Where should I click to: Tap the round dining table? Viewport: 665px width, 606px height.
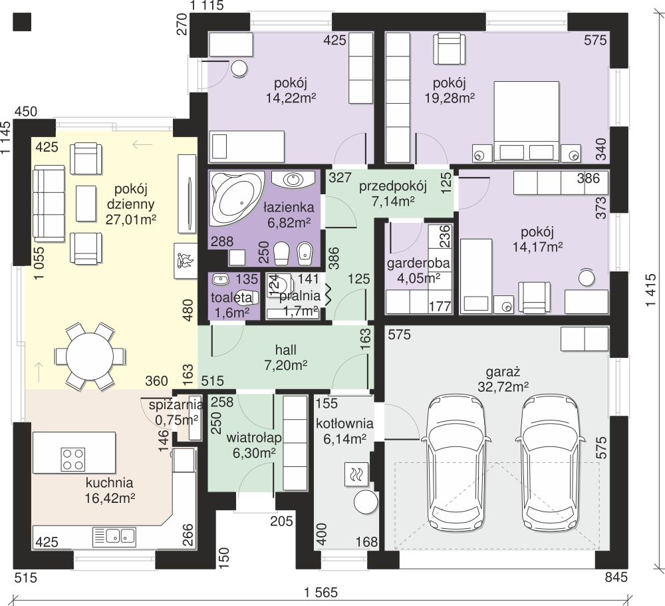pos(90,356)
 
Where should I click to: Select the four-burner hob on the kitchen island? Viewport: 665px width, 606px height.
pos(73,459)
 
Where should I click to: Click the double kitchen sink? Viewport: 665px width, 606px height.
pos(114,535)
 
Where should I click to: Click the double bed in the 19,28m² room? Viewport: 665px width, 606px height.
pos(526,122)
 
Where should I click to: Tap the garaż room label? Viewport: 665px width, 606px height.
pos(503,372)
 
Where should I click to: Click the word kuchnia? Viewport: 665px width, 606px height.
pos(110,483)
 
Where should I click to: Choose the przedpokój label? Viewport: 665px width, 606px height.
pos(393,186)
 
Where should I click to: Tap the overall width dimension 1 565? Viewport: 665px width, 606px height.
pos(321,592)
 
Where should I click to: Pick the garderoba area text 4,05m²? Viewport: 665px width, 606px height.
pos(418,279)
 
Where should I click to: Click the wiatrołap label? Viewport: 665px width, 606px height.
pos(254,438)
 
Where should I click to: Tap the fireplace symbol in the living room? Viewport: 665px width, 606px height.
pos(186,261)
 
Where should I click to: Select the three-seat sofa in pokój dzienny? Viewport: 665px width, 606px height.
pos(49,204)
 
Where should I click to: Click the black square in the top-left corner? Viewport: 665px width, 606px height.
pos(22,22)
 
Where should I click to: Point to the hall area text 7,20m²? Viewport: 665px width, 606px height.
pos(286,365)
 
